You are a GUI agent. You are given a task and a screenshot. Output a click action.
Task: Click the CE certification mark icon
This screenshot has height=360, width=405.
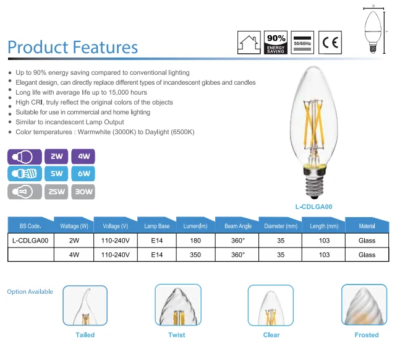click(330, 43)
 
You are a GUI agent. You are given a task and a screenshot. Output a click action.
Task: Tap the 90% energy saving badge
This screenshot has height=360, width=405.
click(276, 43)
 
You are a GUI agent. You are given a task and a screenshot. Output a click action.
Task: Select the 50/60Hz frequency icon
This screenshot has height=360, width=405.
click(302, 43)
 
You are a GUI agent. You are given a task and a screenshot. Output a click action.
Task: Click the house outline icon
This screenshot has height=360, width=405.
click(249, 43)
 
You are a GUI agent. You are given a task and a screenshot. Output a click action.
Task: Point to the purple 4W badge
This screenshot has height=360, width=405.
click(83, 156)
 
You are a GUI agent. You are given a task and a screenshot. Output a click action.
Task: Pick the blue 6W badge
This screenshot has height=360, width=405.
click(83, 173)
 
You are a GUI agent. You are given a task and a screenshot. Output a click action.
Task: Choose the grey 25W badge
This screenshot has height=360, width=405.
click(56, 192)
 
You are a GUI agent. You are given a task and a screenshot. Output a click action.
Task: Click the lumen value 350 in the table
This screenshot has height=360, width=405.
click(195, 255)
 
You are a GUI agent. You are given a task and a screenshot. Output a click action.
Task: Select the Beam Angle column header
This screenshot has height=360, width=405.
click(238, 226)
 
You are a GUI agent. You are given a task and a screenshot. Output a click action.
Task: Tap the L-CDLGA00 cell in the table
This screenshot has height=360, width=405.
click(30, 241)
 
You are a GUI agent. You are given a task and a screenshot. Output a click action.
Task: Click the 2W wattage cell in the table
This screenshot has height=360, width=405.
click(74, 241)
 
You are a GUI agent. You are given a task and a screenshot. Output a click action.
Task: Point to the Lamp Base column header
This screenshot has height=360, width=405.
click(157, 226)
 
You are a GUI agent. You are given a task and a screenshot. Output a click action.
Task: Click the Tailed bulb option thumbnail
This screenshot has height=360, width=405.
click(85, 306)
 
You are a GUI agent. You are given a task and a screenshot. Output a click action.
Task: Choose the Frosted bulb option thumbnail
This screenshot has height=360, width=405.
click(364, 305)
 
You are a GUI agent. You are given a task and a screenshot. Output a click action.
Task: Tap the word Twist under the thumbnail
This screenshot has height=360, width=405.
click(177, 335)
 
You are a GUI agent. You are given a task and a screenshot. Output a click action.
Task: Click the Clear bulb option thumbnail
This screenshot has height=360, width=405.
click(271, 306)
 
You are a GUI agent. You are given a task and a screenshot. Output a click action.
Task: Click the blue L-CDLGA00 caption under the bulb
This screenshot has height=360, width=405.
click(314, 207)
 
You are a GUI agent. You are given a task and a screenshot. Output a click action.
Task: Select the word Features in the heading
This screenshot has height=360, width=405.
click(105, 47)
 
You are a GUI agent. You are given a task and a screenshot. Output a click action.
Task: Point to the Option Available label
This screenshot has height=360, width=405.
click(30, 292)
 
